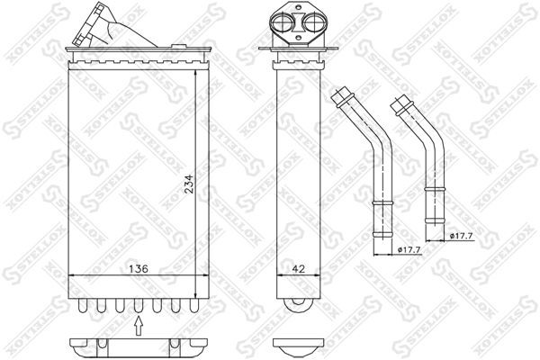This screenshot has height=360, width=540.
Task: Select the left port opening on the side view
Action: pyautogui.click(x=285, y=24)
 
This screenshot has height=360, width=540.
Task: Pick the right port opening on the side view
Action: pyautogui.click(x=308, y=24)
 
